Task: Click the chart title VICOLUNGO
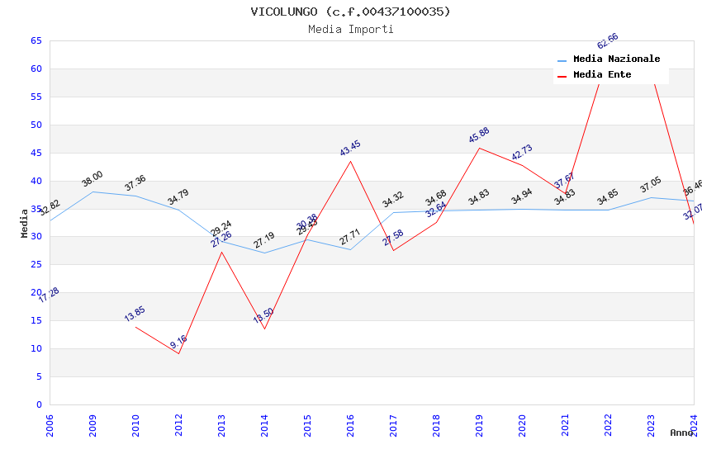(x=351, y=12)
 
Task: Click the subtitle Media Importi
(x=351, y=29)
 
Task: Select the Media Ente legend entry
(x=602, y=75)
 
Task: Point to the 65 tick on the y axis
(x=36, y=40)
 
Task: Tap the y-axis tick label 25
(x=36, y=265)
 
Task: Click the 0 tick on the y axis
(x=39, y=404)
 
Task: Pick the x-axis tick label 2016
(x=350, y=425)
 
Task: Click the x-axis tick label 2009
(x=92, y=425)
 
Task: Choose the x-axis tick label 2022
(x=608, y=425)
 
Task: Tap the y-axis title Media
(x=25, y=223)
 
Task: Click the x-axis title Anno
(x=681, y=433)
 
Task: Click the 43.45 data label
(x=350, y=149)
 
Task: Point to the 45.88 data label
(x=479, y=135)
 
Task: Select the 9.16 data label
(x=178, y=341)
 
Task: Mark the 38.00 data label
(x=92, y=178)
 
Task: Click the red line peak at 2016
(x=350, y=161)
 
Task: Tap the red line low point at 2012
(x=178, y=353)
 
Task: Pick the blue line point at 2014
(x=264, y=253)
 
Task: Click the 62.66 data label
(x=608, y=41)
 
